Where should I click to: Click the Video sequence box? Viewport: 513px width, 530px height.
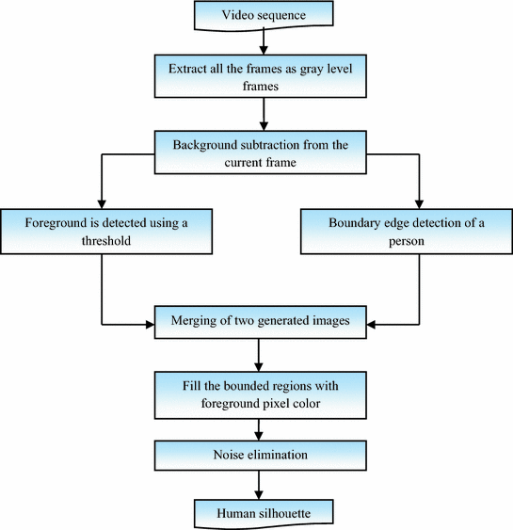click(x=264, y=15)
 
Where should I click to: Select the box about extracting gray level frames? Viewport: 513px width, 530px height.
click(x=264, y=74)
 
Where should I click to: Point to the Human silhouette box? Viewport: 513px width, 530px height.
click(x=264, y=513)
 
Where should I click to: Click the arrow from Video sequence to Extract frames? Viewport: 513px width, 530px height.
click(x=264, y=40)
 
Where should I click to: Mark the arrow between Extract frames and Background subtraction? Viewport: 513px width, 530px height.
click(x=264, y=114)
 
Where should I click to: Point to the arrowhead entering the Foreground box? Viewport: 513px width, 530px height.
click(x=101, y=202)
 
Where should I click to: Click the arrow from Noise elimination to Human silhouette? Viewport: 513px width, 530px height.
click(x=260, y=486)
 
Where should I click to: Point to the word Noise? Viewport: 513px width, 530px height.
click(x=232, y=456)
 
